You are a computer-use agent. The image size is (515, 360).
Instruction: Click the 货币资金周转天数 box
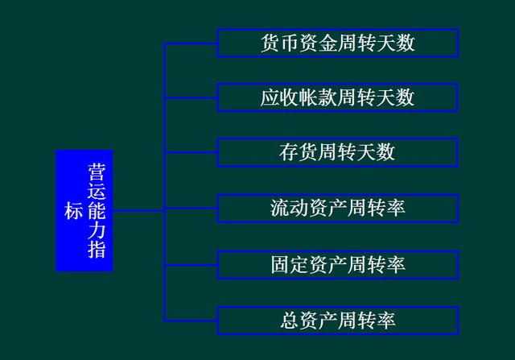337,43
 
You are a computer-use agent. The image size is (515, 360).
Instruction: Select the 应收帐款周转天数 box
337,98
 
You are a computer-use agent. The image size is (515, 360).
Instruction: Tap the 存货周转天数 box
337,153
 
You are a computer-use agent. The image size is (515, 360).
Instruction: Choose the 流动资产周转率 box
337,209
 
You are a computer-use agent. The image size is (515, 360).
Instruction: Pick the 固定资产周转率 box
337,264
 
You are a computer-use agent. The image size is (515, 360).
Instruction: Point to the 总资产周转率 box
337,320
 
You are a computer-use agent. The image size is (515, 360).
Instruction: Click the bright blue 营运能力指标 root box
84,210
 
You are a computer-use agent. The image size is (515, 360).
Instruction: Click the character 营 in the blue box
97,172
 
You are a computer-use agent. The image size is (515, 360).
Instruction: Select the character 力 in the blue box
97,230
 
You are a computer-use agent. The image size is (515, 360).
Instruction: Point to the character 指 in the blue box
97,250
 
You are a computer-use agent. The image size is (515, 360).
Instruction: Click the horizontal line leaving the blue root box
138,210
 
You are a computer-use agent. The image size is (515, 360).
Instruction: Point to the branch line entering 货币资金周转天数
191,43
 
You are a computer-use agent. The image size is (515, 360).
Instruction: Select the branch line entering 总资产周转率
191,320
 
